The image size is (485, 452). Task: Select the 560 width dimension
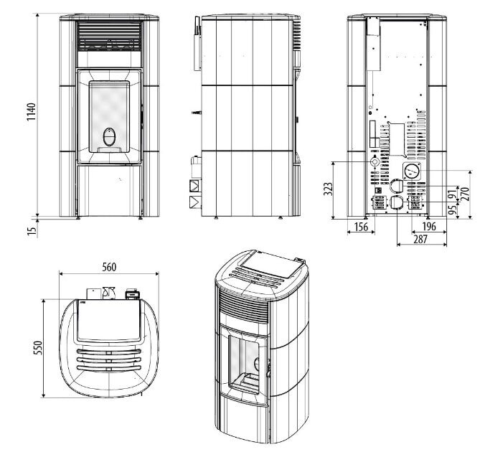click(109, 268)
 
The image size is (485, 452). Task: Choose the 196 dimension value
click(428, 227)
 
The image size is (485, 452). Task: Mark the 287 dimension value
click(420, 239)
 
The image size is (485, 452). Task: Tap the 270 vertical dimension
click(467, 194)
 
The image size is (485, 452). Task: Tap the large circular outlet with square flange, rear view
click(411, 172)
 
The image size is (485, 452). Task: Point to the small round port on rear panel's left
click(375, 163)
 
